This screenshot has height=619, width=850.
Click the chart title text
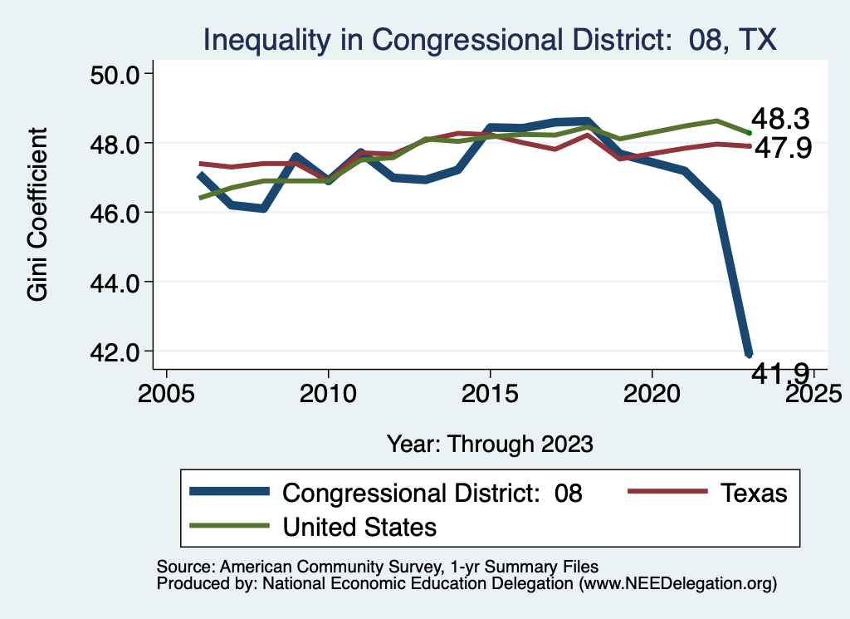click(490, 39)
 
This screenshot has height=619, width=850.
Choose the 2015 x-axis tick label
click(490, 391)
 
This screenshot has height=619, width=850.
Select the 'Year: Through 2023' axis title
click(490, 444)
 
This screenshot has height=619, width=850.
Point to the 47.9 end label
click(780, 148)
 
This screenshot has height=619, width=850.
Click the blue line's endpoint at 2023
click(749, 354)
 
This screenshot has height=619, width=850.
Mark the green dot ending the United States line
click(749, 132)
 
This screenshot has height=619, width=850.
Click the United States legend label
click(359, 526)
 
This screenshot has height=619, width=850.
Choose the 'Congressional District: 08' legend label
click(432, 493)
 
